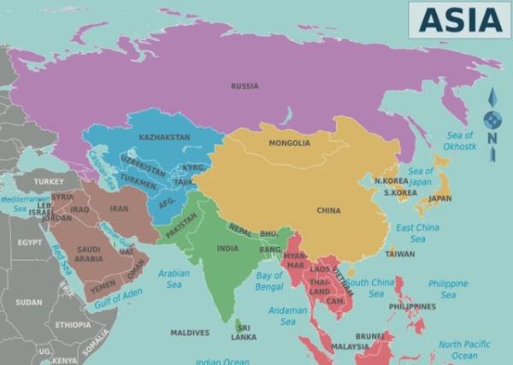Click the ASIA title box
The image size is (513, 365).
[459, 19]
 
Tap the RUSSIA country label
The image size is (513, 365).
[245, 85]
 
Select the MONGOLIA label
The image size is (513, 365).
[289, 143]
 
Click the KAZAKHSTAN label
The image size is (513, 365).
[164, 137]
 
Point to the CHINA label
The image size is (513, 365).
[328, 210]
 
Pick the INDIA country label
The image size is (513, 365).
[227, 249]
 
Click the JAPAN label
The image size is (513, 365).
[439, 198]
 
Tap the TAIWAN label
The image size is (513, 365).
[400, 254]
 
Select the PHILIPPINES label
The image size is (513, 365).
[412, 306]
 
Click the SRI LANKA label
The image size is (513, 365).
[244, 332]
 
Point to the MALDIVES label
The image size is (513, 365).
[189, 333]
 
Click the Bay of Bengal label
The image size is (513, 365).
[269, 281]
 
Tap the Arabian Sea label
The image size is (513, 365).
[174, 279]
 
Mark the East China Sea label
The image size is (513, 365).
[417, 233]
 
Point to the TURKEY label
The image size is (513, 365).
[49, 181]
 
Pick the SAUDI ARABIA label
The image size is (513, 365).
[89, 254]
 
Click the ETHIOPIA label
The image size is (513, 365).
[73, 325]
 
